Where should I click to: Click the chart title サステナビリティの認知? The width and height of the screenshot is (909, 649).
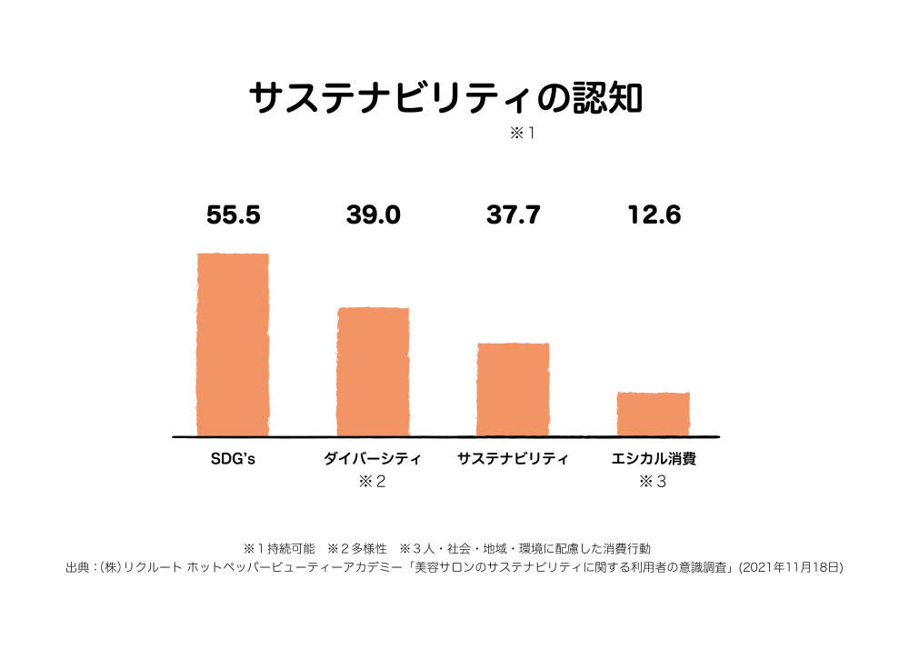[445, 98]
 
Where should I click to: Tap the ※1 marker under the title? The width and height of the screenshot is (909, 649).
[523, 134]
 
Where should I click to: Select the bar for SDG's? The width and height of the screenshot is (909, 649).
[233, 344]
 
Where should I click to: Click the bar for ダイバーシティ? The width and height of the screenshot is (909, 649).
[373, 371]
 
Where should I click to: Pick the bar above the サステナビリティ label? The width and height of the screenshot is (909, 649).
[513, 389]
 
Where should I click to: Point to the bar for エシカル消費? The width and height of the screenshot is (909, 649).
[653, 414]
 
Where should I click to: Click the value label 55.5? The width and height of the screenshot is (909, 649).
[234, 215]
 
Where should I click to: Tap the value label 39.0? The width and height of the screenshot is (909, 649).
[373, 215]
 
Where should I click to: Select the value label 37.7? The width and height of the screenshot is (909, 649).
[513, 215]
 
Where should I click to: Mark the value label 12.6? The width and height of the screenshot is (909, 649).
[654, 215]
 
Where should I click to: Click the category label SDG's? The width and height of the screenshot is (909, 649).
[233, 458]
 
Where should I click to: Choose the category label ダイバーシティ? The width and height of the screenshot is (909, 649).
[373, 458]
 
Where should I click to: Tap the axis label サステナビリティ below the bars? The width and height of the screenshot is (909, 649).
[513, 458]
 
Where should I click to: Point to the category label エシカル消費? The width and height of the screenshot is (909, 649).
[654, 458]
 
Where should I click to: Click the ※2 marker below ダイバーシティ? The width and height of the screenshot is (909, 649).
[373, 482]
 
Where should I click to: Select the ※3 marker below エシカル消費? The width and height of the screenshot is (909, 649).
[653, 482]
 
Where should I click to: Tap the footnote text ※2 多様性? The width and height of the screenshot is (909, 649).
[357, 549]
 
